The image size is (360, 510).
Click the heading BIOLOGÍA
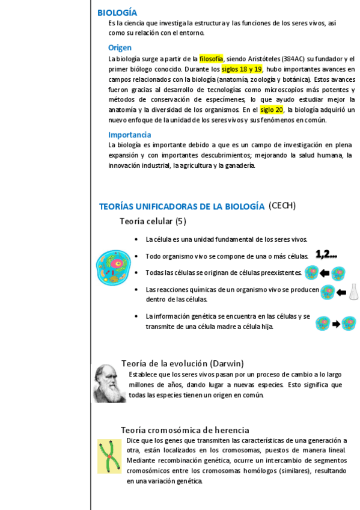pos(117,13)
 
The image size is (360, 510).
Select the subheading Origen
pos(120,48)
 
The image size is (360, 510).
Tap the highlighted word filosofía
pos(212,59)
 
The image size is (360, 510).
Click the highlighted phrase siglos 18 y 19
pos(242,69)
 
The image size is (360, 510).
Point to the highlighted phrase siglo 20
pos(272,110)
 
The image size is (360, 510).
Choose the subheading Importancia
pos(129,135)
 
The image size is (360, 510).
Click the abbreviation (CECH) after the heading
pos(282,206)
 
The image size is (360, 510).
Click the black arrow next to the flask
pos(341,293)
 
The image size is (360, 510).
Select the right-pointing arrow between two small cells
pos(337,324)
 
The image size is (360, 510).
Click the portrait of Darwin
pos(109,383)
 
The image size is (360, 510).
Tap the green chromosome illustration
pos(109,456)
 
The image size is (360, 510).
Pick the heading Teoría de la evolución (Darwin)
pos(182,363)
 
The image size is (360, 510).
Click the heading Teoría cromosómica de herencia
pos(185,430)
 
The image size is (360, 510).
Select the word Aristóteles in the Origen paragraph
pos(263,59)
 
